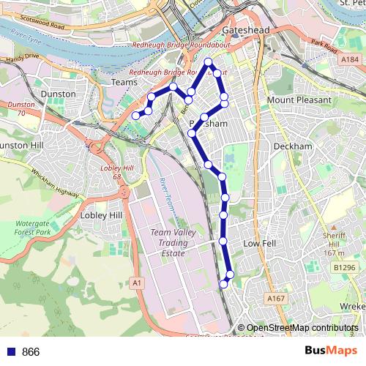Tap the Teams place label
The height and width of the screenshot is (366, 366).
click(122, 83)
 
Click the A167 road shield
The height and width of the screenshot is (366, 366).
click(276, 299)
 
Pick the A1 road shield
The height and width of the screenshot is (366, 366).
click(136, 282)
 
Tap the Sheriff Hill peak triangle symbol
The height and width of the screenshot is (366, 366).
click(332, 228)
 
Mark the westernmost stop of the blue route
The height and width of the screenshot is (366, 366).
click(135, 116)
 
